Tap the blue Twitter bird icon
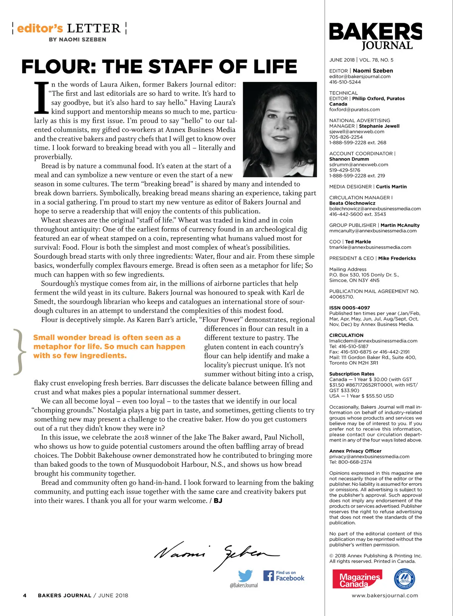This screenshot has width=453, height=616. (x=245, y=576)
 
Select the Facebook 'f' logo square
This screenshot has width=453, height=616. (x=268, y=576)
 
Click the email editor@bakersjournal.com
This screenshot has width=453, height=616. (x=360, y=76)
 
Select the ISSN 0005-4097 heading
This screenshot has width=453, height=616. (x=350, y=308)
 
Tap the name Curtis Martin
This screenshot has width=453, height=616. (x=391, y=187)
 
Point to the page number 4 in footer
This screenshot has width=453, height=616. (x=25, y=596)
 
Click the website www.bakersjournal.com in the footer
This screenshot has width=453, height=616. (x=385, y=596)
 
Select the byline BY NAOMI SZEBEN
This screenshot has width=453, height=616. (x=77, y=39)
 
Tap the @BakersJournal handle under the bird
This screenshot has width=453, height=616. (x=244, y=585)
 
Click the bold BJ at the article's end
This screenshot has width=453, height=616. (x=218, y=501)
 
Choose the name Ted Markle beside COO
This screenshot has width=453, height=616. (x=358, y=242)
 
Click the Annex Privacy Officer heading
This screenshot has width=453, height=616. (x=355, y=451)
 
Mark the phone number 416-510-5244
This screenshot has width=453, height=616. (x=345, y=82)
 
